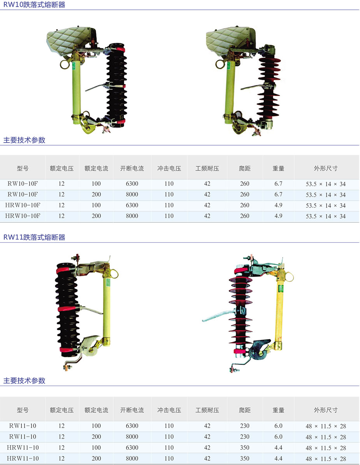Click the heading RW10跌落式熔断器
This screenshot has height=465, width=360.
(34, 5)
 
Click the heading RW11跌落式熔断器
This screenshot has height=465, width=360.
(34, 237)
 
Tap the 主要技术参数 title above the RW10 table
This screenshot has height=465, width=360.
(24, 140)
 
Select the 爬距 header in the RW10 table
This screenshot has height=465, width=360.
(245, 169)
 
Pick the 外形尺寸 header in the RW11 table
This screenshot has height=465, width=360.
(326, 410)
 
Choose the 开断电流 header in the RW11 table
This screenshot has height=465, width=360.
(132, 410)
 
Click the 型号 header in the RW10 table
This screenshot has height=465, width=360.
(23, 169)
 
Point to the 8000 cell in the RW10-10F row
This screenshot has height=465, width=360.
(132, 195)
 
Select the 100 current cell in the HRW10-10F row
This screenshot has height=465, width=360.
(96, 205)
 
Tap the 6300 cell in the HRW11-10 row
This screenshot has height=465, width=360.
(132, 447)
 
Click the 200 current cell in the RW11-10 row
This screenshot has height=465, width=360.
(96, 437)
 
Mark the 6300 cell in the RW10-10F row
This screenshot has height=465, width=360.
(132, 184)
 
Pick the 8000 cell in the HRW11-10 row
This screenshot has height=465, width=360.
(132, 458)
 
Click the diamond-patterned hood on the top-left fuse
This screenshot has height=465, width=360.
(70, 40)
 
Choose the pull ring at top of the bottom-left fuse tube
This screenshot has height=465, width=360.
(114, 273)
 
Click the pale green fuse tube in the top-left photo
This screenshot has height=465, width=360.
(76, 92)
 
